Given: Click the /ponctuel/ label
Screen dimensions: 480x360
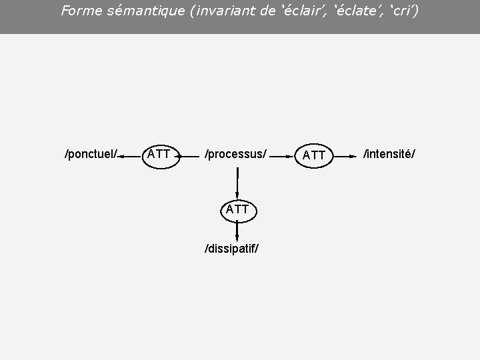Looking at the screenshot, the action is pyautogui.click(x=91, y=155).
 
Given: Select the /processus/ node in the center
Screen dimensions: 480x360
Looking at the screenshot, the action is pyautogui.click(x=235, y=155).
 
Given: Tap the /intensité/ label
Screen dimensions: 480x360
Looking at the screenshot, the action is pyautogui.click(x=389, y=155).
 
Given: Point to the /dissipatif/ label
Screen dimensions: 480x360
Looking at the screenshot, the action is pyautogui.click(x=231, y=249).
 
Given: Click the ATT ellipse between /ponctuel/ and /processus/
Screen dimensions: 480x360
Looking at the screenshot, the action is pyautogui.click(x=159, y=155).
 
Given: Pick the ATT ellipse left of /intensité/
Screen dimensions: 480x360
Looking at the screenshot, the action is pyautogui.click(x=314, y=155).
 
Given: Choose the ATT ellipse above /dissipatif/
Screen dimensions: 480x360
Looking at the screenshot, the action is pyautogui.click(x=237, y=209).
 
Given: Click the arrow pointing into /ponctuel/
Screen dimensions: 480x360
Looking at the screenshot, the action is pyautogui.click(x=131, y=156).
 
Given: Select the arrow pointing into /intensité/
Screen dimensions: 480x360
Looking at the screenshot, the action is pyautogui.click(x=344, y=156).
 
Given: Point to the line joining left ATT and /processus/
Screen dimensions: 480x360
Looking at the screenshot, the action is pyautogui.click(x=191, y=157).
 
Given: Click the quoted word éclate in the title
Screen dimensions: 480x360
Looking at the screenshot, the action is pyautogui.click(x=355, y=11).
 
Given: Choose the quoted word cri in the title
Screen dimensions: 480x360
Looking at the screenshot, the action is pyautogui.click(x=403, y=11).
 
